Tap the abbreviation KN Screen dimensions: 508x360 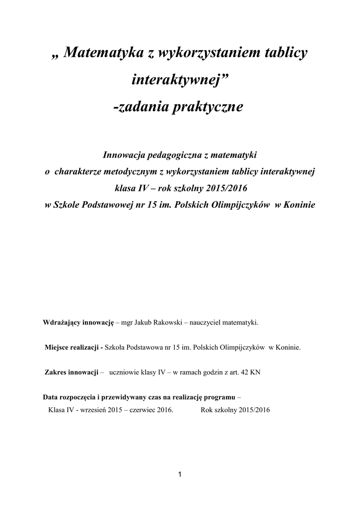pos(254,372)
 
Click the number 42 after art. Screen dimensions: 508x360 pos(243,372)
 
